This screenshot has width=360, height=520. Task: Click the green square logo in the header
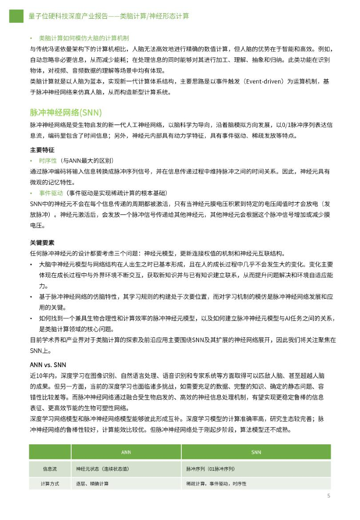[x=16, y=16]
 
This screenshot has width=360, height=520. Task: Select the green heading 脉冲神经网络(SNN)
[x=66, y=112]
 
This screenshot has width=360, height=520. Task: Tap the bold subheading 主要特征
[x=42, y=150]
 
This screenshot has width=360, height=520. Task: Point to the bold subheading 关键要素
[x=42, y=242]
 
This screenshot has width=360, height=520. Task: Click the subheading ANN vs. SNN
[x=48, y=365]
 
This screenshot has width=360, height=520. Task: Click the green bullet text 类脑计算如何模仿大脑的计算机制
[x=84, y=38]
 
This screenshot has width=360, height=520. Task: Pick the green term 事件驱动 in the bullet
[x=51, y=193]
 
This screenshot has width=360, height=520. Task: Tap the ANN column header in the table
[x=126, y=452]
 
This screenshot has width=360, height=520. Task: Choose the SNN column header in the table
[x=256, y=452]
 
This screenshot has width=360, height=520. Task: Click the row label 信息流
[x=50, y=468]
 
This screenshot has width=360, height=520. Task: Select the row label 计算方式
[x=50, y=484]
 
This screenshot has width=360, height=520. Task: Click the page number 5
[x=329, y=496]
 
